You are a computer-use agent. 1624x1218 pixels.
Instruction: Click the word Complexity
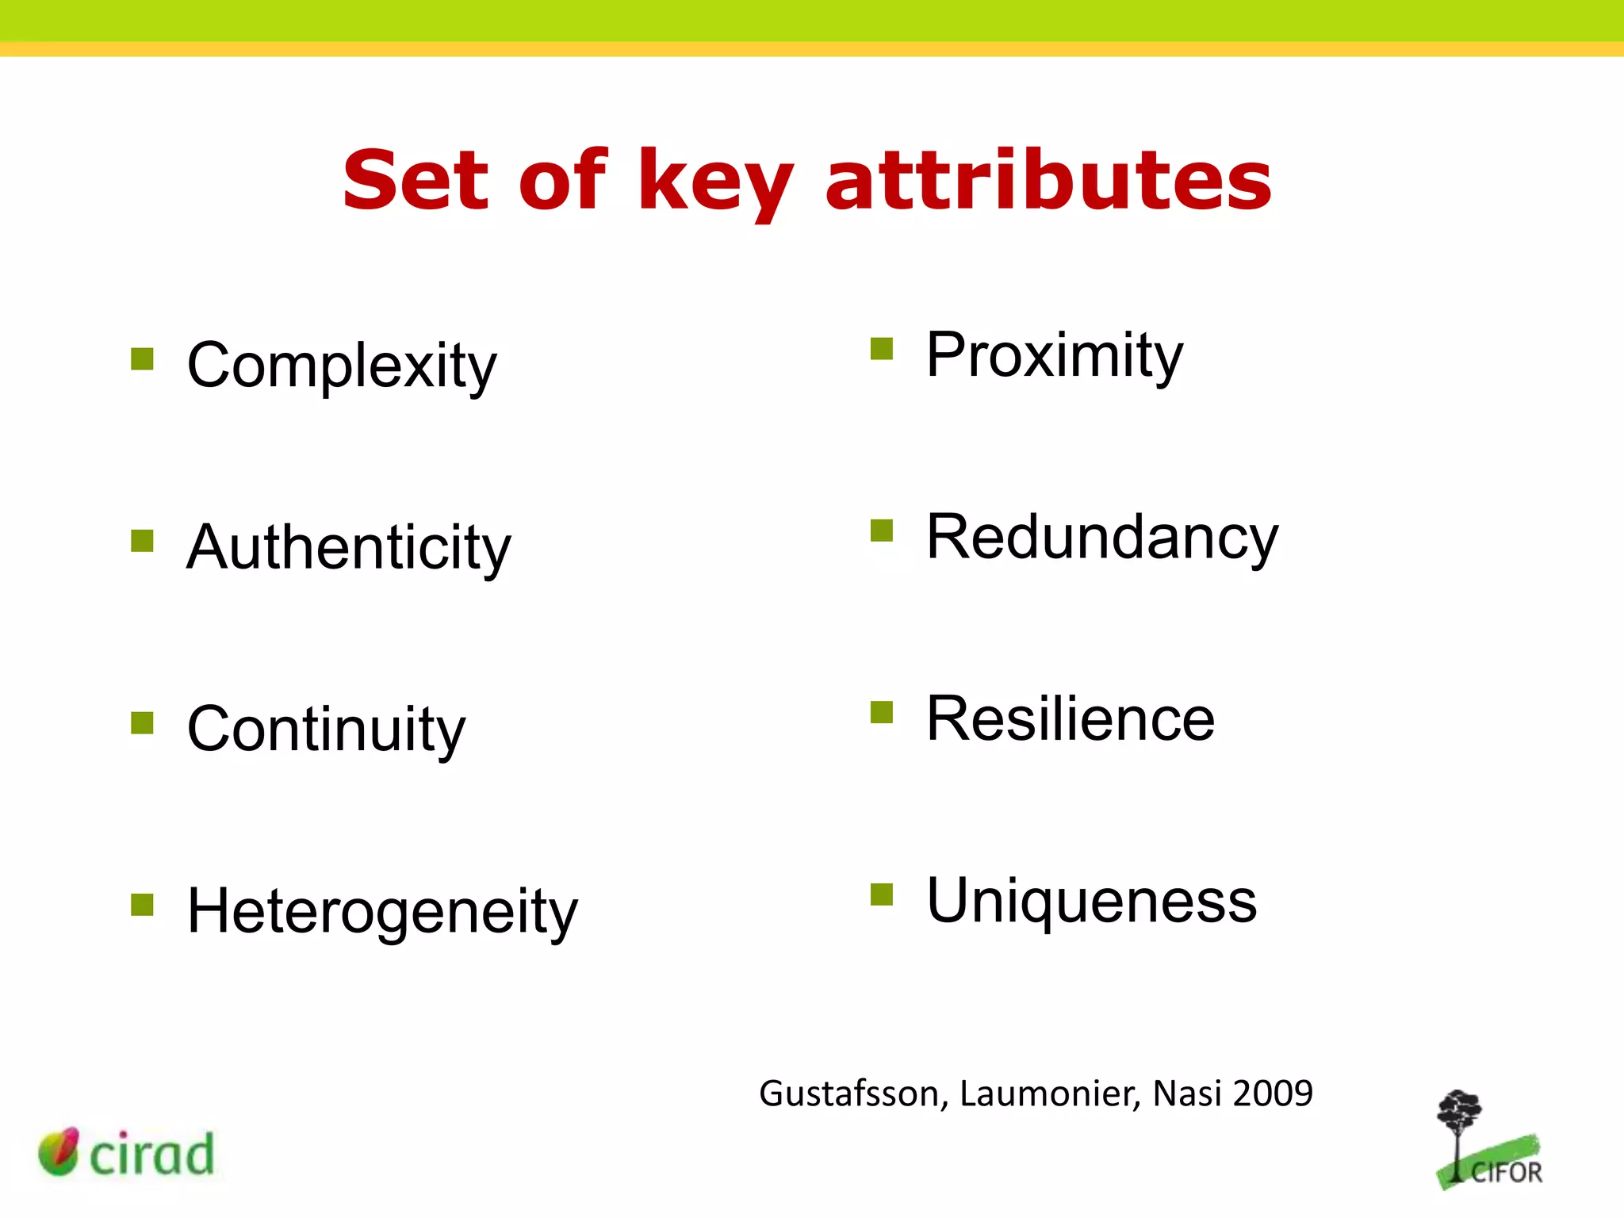coord(342,366)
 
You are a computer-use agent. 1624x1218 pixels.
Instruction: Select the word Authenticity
coord(349,548)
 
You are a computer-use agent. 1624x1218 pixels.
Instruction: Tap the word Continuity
coord(326,730)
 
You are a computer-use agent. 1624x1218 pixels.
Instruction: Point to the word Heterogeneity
coord(382,912)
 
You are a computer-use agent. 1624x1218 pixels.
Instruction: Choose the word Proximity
coord(1054,355)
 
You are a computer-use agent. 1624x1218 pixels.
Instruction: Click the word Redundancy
coord(1102,538)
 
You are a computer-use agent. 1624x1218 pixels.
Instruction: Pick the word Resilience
coord(1071,719)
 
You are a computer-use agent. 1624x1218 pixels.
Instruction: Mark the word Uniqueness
coord(1091,901)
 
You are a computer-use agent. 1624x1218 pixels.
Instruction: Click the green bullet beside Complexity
coord(142,359)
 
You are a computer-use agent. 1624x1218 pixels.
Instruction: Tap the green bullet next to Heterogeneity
coord(142,905)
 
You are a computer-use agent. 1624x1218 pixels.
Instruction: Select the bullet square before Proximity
coord(882,349)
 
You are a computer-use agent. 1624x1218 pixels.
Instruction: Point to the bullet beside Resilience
coord(882,713)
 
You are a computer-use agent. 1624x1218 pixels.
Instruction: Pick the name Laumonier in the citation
coord(1050,1094)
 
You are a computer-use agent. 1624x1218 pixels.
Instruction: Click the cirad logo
coord(127,1152)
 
